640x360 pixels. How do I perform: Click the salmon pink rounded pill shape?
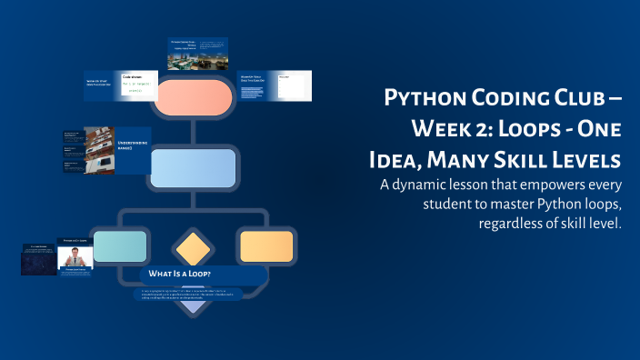[194, 97]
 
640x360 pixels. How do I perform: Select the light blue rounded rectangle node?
[193, 168]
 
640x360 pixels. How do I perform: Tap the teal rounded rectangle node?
[120, 246]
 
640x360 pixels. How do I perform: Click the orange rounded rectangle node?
[265, 246]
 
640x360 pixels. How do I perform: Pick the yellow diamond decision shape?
[193, 248]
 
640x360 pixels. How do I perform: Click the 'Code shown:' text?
[134, 77]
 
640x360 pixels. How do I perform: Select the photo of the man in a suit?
[75, 259]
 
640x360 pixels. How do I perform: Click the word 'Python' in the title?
[421, 97]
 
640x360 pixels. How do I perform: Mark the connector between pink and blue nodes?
[194, 132]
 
